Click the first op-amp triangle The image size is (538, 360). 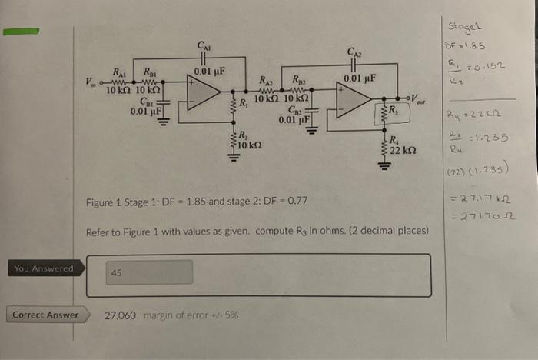coord(202,92)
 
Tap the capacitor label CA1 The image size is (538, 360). coord(203,46)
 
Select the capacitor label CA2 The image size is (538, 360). coord(354,52)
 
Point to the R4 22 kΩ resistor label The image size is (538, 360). coord(399,145)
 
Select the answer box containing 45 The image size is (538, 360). coord(149,272)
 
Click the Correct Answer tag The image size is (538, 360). coord(45,315)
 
